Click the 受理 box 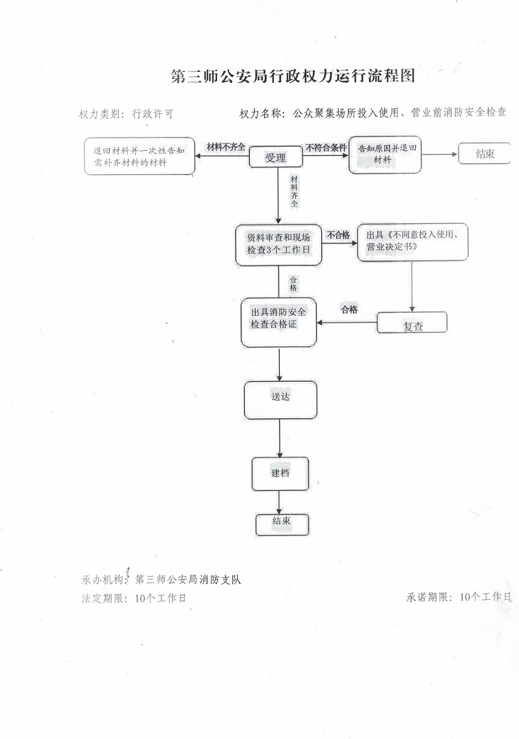[x=276, y=157]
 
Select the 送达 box [x=280, y=400]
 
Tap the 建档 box [x=280, y=473]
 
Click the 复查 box [x=412, y=323]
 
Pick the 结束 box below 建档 [x=282, y=525]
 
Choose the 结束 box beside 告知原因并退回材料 [x=484, y=153]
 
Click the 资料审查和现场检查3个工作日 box [x=279, y=245]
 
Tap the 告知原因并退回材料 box [x=385, y=155]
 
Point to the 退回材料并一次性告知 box [x=140, y=156]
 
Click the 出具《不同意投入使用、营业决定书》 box [x=413, y=242]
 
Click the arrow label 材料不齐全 [x=226, y=147]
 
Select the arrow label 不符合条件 [x=326, y=147]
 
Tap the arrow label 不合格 [x=338, y=235]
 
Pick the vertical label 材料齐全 [x=294, y=191]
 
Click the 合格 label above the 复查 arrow [x=349, y=309]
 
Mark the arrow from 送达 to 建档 [x=280, y=438]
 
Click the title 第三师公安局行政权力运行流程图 [x=293, y=76]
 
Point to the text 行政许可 [x=153, y=114]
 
